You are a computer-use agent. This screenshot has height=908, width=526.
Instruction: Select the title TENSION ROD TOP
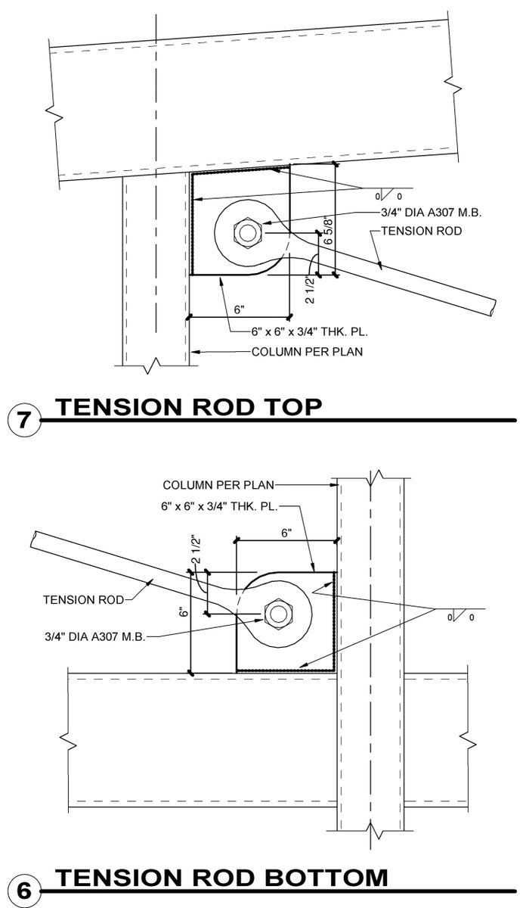tap(189, 407)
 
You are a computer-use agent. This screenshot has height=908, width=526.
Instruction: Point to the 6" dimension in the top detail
tap(240, 309)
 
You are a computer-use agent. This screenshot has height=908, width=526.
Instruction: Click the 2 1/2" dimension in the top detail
tap(308, 291)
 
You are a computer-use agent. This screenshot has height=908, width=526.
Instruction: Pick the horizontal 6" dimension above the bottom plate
tap(286, 533)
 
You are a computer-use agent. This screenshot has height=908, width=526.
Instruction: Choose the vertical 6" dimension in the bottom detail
tap(181, 613)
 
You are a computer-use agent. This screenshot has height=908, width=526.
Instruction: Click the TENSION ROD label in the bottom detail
tap(83, 600)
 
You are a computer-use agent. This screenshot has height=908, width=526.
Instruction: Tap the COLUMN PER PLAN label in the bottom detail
tap(218, 484)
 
